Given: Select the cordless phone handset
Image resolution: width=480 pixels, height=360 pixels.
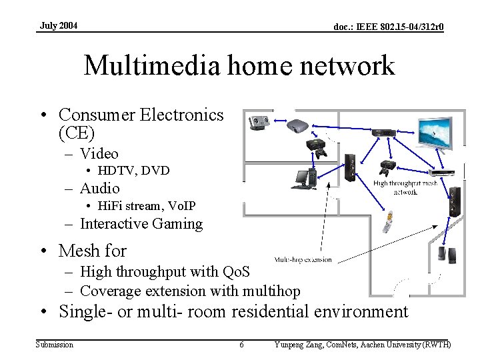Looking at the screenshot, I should [387, 223].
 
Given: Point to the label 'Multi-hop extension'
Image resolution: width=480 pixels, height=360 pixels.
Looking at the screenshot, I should [303, 259].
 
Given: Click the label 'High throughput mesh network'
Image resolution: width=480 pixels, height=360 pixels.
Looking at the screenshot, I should [405, 187].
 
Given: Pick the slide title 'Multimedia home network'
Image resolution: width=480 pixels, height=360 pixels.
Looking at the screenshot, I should [239, 66].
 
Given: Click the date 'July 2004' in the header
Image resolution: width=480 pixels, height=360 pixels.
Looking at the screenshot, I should [59, 25].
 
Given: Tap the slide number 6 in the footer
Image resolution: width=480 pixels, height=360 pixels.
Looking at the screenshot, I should [241, 345].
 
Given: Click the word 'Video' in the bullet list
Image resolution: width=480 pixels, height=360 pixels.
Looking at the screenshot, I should [99, 154].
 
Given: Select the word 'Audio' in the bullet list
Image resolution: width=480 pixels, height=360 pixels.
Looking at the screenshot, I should [100, 189].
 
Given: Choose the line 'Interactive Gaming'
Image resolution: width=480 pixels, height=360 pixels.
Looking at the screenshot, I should [141, 224].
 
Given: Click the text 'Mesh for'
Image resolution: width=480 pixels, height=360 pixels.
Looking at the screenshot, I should [92, 251].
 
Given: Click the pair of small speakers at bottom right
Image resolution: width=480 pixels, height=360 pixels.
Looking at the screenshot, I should [446, 254].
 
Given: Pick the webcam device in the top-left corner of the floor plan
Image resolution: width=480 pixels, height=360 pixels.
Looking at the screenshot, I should [259, 123].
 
